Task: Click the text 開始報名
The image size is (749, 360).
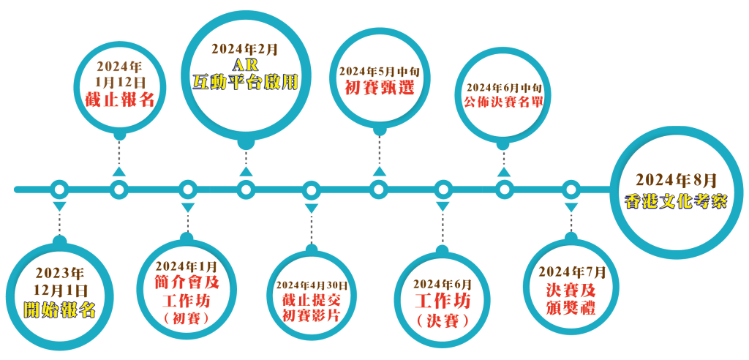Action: pyautogui.click(x=60, y=311)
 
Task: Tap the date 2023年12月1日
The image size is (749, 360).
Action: pyautogui.click(x=60, y=282)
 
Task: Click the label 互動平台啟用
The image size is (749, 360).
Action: pyautogui.click(x=245, y=82)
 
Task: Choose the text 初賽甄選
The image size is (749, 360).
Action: pyautogui.click(x=380, y=88)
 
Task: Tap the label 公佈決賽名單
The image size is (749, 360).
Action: pyautogui.click(x=504, y=102)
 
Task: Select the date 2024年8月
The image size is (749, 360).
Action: pyautogui.click(x=676, y=181)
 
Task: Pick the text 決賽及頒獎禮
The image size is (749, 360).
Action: pyautogui.click(x=572, y=299)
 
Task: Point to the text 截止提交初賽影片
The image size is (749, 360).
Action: pyautogui.click(x=311, y=307)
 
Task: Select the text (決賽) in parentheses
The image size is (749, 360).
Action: pyautogui.click(x=443, y=320)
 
